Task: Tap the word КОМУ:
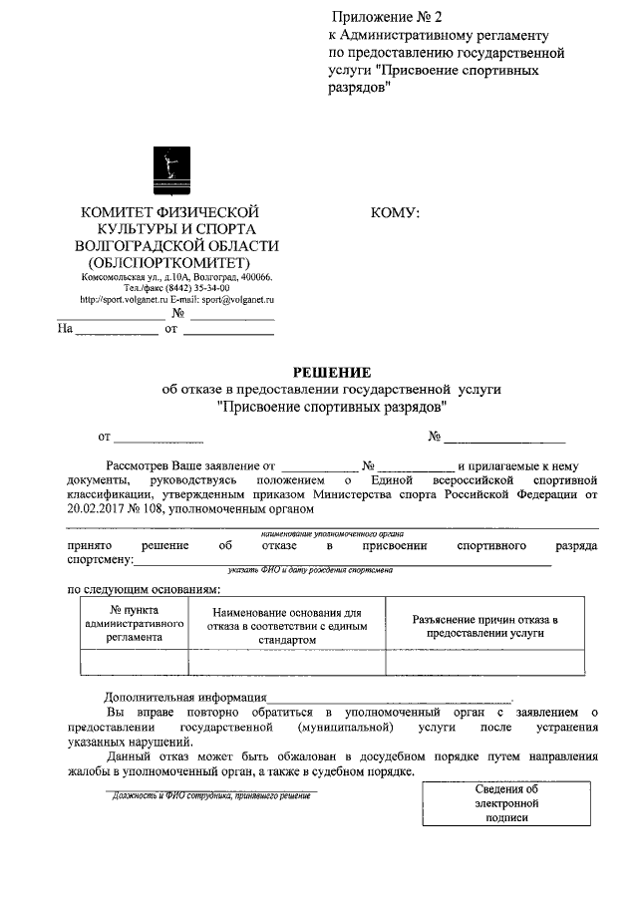point(395,212)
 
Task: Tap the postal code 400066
point(254,277)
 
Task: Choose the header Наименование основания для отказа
point(287,625)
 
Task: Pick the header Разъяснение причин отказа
point(484,625)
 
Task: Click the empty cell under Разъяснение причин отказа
point(484,662)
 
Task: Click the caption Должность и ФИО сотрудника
point(211,797)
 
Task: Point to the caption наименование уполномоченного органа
point(334,534)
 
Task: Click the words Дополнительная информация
point(185,698)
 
